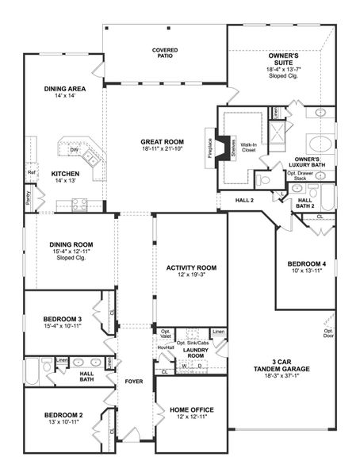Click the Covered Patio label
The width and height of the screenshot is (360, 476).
coord(165,54)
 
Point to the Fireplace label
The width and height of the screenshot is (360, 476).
coord(210,149)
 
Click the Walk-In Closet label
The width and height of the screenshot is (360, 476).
coord(248,147)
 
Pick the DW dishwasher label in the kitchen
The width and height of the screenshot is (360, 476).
coord(73,149)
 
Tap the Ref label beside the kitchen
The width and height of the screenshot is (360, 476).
coord(32,172)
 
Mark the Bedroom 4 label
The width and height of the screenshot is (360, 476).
coord(305,263)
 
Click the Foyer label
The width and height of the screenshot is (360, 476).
coord(133,382)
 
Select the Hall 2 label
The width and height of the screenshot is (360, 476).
coord(244,202)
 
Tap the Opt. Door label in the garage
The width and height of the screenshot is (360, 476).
coord(327,332)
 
